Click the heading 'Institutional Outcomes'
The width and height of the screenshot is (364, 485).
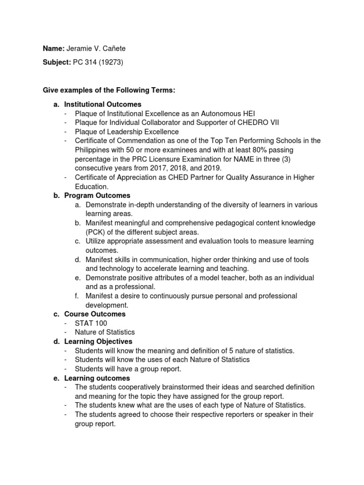(x=103, y=104)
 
